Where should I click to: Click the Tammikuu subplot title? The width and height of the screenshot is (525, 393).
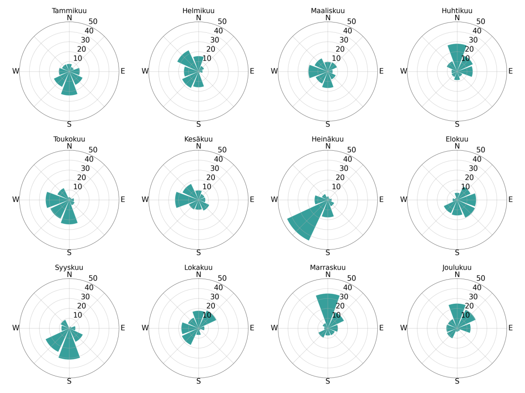click(69, 11)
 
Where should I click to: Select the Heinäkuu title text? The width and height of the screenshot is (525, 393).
click(328, 139)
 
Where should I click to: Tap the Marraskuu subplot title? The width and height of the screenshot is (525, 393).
click(328, 268)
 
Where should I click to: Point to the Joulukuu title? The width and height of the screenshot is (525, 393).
click(457, 268)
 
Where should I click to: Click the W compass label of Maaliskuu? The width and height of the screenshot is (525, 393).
click(274, 71)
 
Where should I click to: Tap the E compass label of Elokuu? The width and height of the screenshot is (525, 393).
click(511, 200)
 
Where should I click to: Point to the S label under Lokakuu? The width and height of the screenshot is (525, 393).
click(199, 382)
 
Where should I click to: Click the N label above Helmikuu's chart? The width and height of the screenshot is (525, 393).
click(199, 18)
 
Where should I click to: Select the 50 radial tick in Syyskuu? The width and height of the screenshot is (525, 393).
click(93, 278)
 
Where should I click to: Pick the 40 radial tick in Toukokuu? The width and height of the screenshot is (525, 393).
click(89, 159)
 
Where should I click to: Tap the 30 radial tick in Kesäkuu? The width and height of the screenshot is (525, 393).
click(215, 168)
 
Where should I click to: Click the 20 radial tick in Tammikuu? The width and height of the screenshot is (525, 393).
click(82, 49)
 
